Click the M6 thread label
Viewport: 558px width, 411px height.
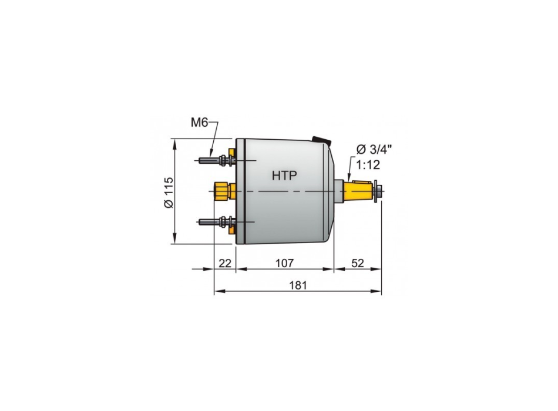(199, 123)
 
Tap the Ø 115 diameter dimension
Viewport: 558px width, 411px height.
(169, 193)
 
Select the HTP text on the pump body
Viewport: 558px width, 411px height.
(284, 176)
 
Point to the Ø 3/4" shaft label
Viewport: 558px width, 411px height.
(374, 149)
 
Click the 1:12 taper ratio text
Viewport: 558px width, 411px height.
(368, 165)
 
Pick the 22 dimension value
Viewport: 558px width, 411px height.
(225, 263)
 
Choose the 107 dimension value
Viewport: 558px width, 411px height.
(285, 263)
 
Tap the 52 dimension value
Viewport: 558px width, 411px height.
(358, 263)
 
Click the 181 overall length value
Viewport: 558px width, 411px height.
(298, 285)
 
